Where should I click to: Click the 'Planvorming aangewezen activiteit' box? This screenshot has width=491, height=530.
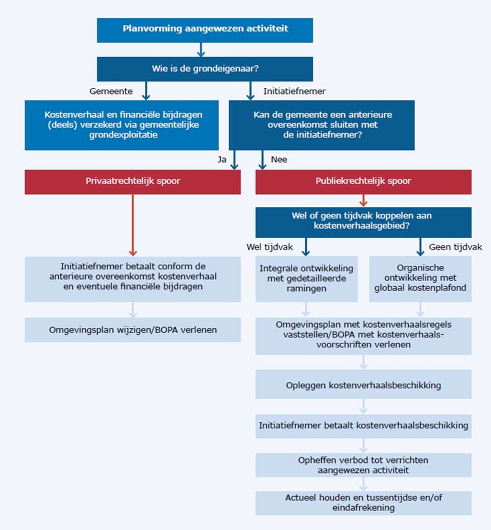pyautogui.click(x=205, y=30)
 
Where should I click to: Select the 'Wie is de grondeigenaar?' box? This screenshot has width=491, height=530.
pyautogui.click(x=205, y=69)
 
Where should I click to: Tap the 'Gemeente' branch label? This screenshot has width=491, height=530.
pyautogui.click(x=111, y=91)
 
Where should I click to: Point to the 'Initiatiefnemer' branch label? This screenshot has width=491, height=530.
pyautogui.click(x=294, y=91)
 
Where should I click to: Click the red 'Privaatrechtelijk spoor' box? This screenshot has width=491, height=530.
pyautogui.click(x=133, y=182)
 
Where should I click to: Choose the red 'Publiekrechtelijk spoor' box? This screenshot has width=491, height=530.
pyautogui.click(x=363, y=182)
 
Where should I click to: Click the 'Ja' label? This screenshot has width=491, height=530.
pyautogui.click(x=222, y=160)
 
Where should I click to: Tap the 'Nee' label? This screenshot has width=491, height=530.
pyautogui.click(x=279, y=160)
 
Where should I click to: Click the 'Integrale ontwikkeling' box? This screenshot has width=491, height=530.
pyautogui.click(x=306, y=279)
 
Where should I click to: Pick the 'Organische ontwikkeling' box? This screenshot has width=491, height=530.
pyautogui.click(x=420, y=279)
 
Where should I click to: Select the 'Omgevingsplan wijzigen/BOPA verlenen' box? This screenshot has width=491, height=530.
pyautogui.click(x=133, y=330)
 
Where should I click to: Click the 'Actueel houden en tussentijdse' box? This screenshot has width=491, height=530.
pyautogui.click(x=363, y=503)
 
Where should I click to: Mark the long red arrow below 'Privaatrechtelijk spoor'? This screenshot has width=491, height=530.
pyautogui.click(x=133, y=224)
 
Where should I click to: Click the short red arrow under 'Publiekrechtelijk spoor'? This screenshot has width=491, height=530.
pyautogui.click(x=363, y=200)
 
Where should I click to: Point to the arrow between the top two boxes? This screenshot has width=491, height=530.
pyautogui.click(x=201, y=49)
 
